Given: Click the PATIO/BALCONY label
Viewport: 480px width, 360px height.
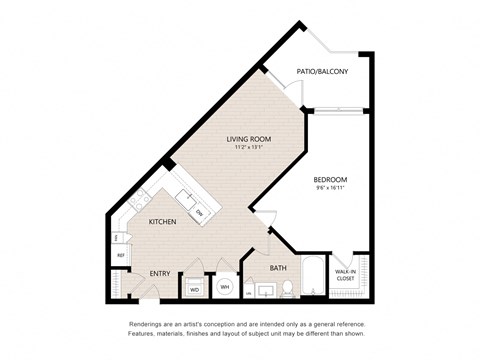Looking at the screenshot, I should tap(321, 71).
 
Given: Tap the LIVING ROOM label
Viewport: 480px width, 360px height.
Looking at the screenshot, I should tap(250, 139).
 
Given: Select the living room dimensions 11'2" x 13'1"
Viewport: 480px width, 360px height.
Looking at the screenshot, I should tap(250, 149).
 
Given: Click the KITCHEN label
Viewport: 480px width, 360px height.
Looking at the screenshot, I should tap(163, 222).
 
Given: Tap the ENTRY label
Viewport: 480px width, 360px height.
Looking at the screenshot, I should tap(160, 272).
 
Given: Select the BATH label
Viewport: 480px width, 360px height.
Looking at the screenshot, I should tap(277, 268).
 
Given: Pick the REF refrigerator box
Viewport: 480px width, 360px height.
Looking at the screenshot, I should tap(120, 256).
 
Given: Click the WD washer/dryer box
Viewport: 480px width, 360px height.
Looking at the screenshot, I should tap(194, 289).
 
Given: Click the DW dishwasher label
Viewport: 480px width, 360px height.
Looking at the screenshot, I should tap(199, 212).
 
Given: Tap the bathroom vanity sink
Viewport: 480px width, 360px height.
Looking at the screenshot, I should tap(265, 291).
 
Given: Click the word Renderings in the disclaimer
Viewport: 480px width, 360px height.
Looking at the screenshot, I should tap(146, 325).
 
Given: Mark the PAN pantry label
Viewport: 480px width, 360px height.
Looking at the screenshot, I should tap(119, 238).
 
